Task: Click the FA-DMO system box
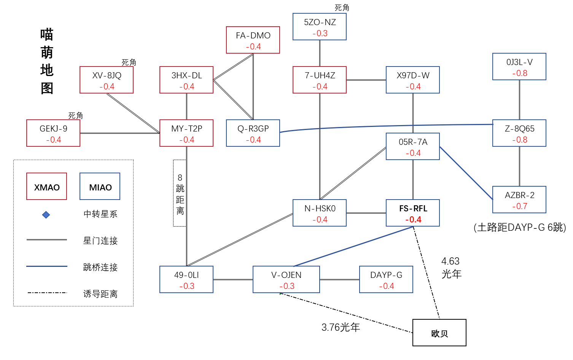253,40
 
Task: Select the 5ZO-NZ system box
320,27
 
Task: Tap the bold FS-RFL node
413,213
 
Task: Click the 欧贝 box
439,333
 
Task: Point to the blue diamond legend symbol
46,215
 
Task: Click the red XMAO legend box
47,186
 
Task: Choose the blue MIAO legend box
100,186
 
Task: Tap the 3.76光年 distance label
341,327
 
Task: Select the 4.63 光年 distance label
451,268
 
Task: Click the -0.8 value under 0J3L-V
520,73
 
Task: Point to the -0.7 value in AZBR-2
520,206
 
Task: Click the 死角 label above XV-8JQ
129,62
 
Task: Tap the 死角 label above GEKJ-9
75,116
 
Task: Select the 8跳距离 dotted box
180,193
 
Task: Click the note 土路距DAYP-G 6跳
520,227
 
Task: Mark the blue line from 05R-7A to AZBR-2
466,173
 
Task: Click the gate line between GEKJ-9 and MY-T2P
120,133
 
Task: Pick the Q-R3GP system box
253,133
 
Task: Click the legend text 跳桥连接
100,267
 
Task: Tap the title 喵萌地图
47,61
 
